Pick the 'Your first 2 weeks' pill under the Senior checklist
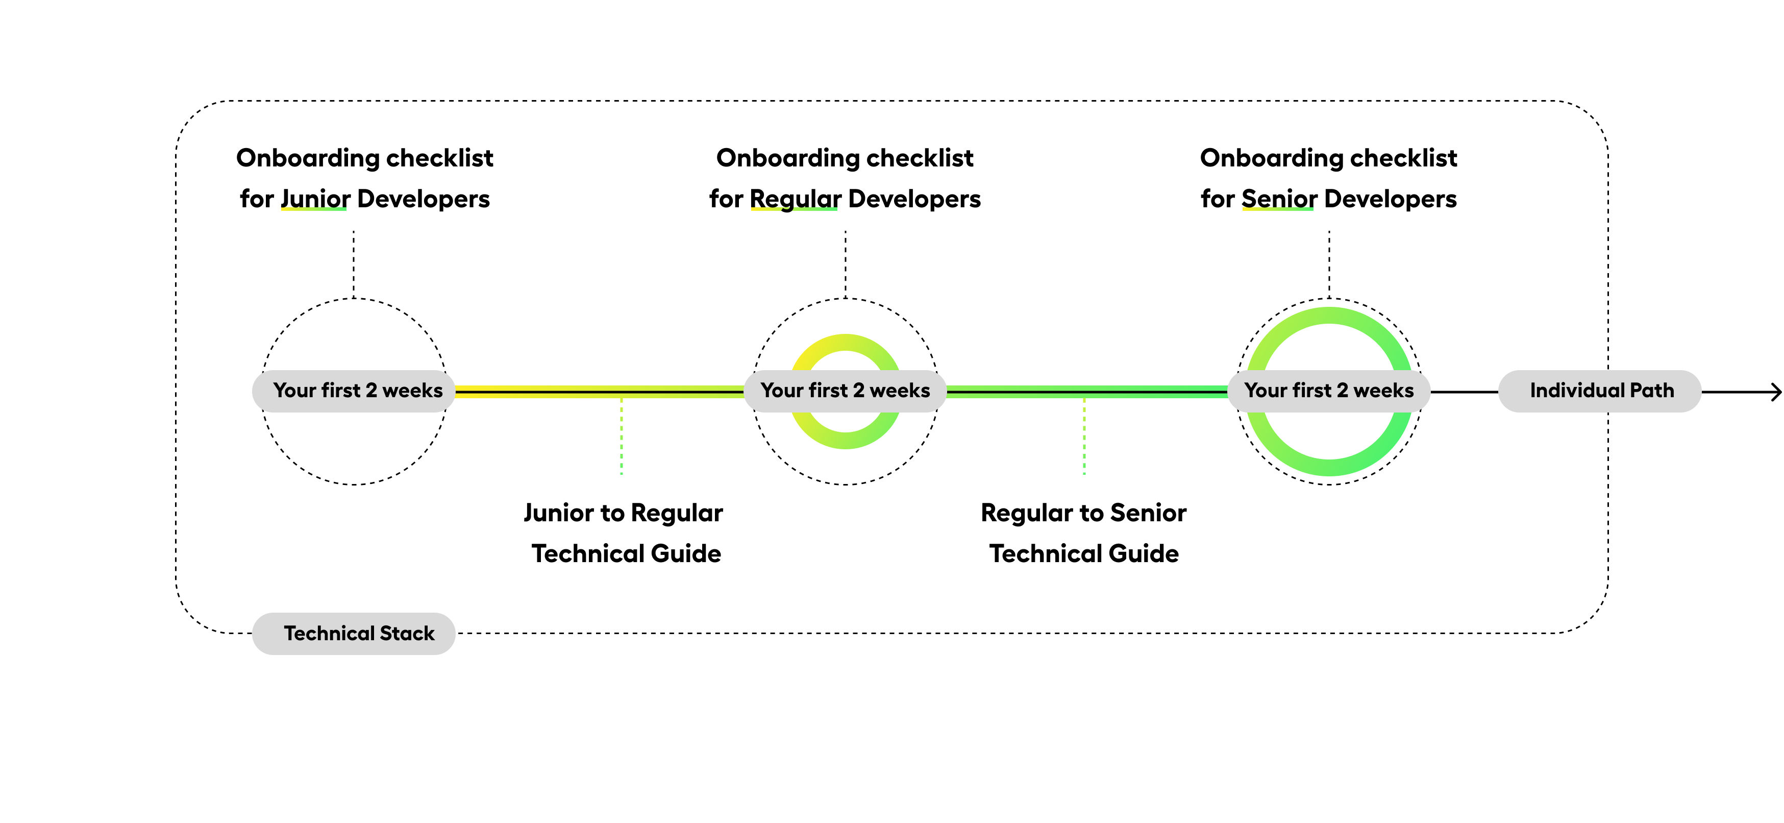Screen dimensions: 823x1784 (x=1328, y=391)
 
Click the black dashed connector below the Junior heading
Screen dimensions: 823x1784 (x=354, y=263)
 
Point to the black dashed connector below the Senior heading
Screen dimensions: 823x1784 (x=1329, y=263)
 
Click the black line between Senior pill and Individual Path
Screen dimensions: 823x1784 (x=1464, y=392)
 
